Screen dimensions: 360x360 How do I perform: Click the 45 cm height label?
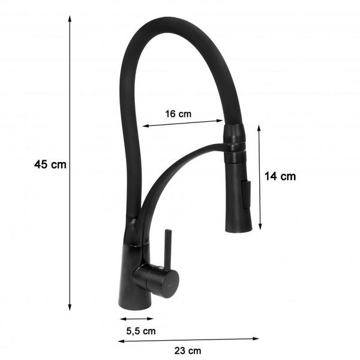pyautogui.click(x=50, y=164)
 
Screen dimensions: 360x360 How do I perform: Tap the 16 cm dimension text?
pyautogui.click(x=178, y=114)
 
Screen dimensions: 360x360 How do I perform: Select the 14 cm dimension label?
pyautogui.click(x=280, y=176)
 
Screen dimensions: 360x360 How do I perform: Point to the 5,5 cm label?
pyautogui.click(x=141, y=331)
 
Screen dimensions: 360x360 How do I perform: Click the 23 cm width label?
pyautogui.click(x=188, y=351)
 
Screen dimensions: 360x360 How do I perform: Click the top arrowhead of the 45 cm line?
pyautogui.click(x=70, y=19)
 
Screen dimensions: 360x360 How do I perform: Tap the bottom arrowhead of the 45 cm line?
pyautogui.click(x=70, y=307)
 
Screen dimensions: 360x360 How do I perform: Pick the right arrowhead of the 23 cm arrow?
pyautogui.click(x=256, y=338)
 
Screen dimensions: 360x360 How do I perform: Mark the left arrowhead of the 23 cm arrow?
pyautogui.click(x=121, y=341)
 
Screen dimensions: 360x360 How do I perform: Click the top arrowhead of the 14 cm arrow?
pyautogui.click(x=259, y=128)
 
